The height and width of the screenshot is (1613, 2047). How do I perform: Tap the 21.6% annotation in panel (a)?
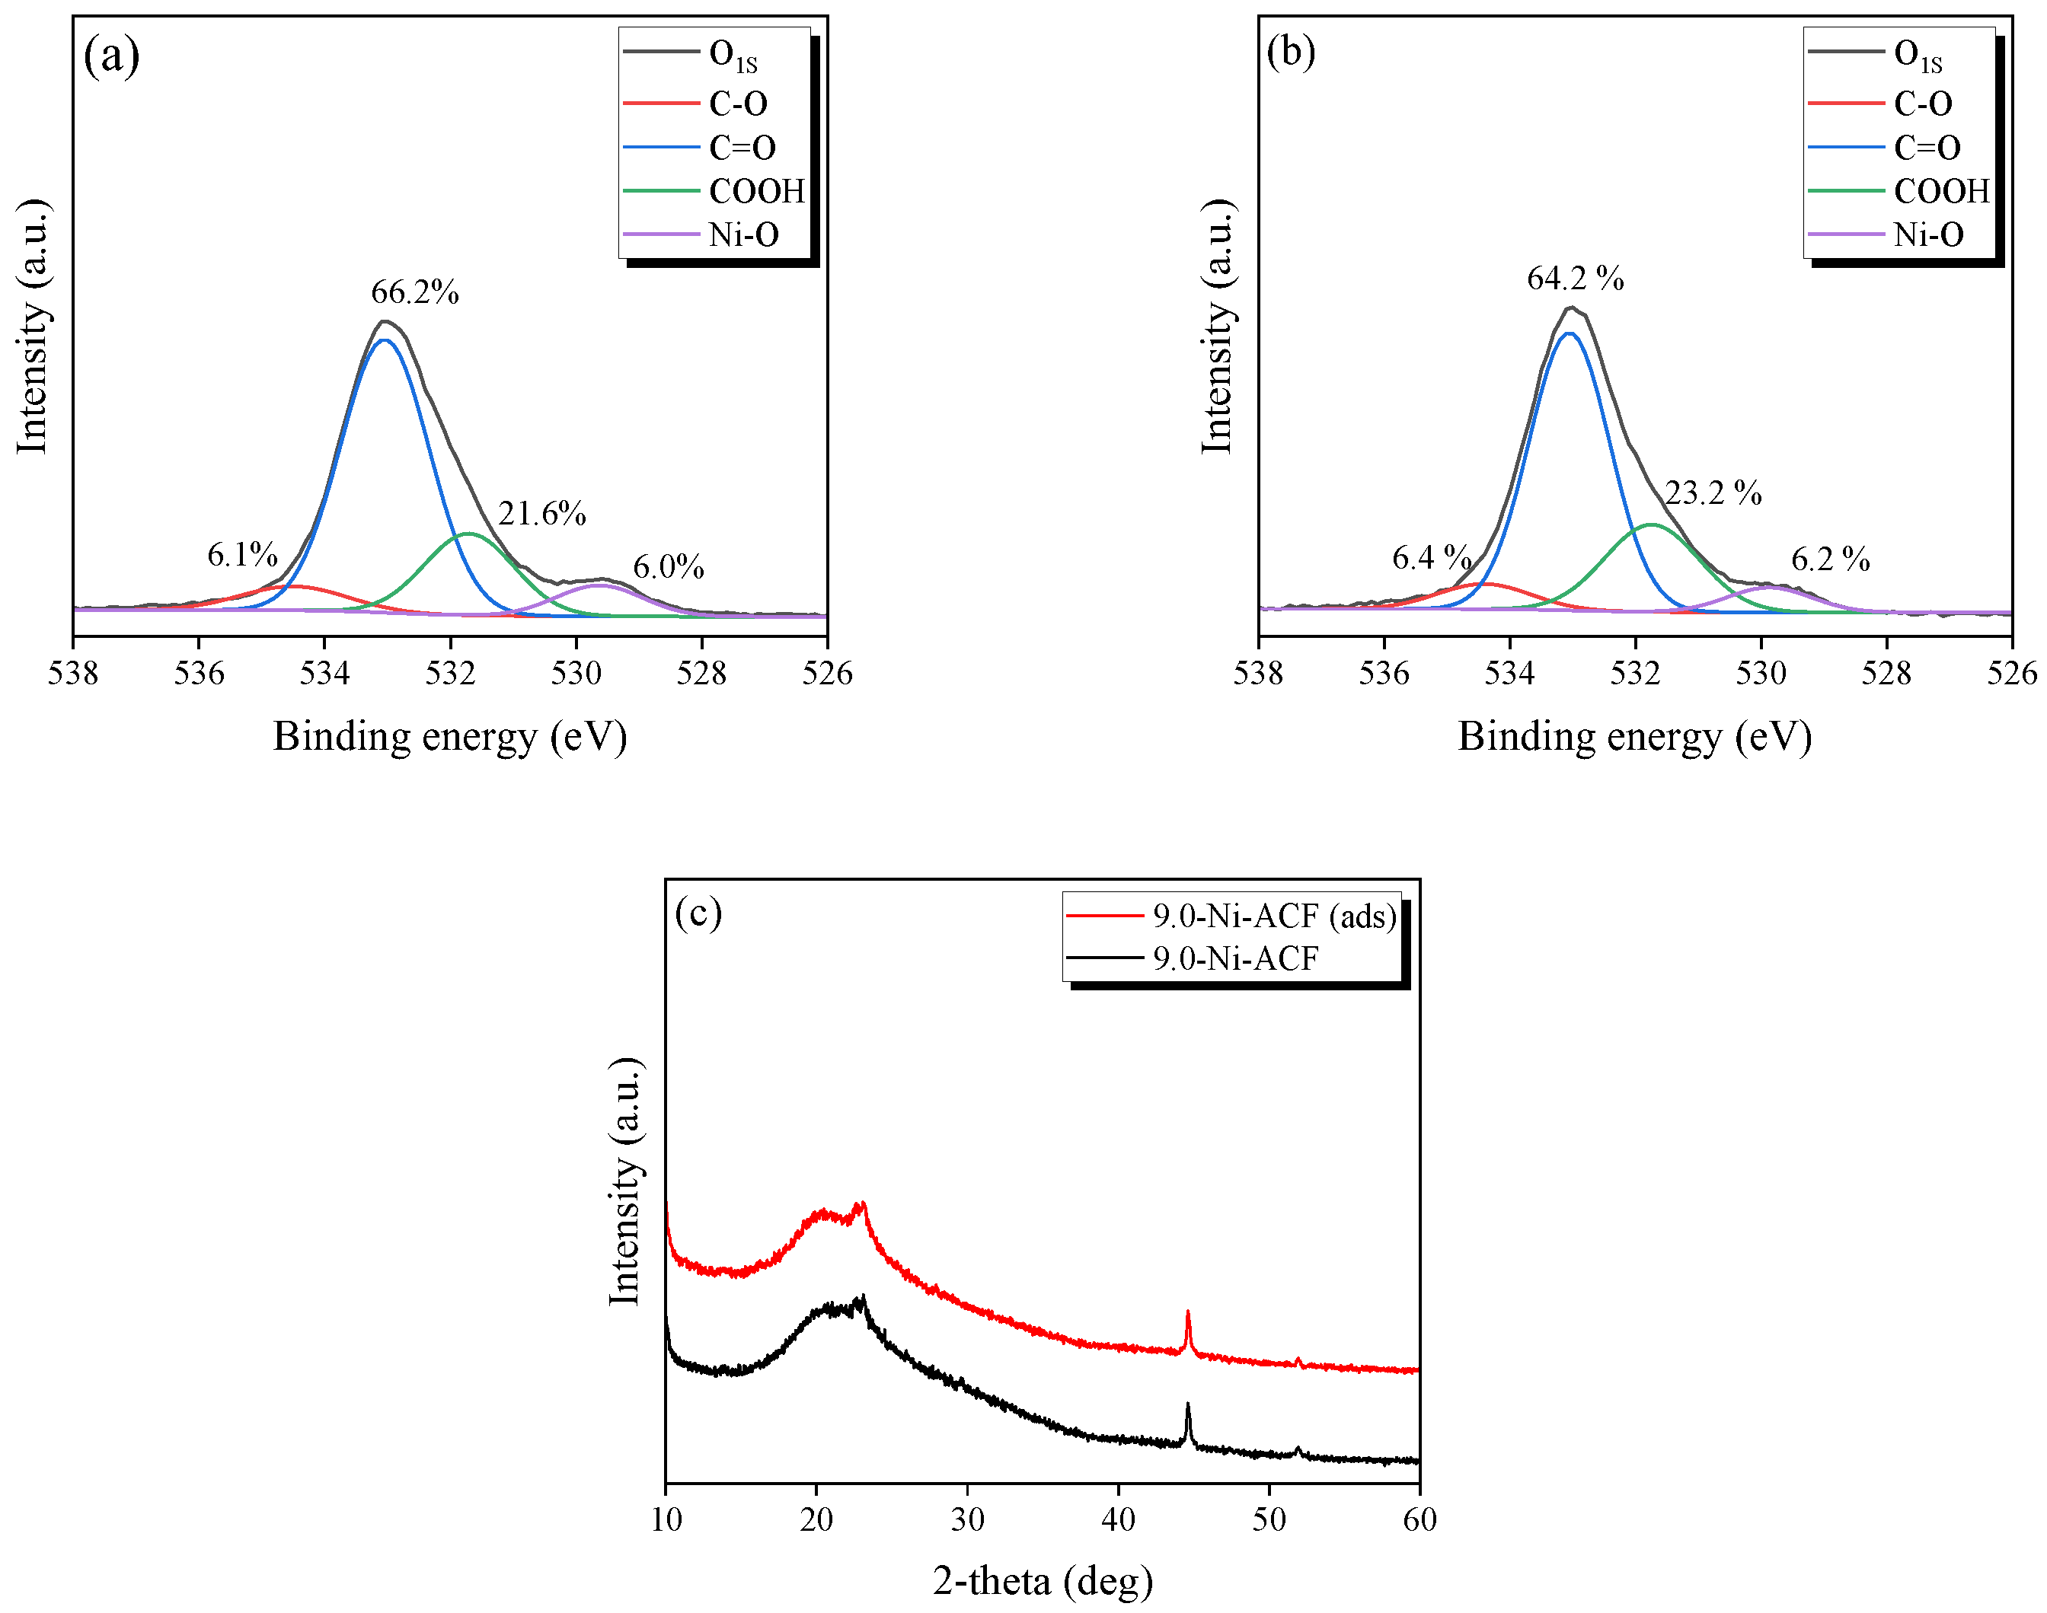pos(541,514)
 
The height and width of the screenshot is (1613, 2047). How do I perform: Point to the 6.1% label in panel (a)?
pos(242,555)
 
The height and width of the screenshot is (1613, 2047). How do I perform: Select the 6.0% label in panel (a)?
pos(668,568)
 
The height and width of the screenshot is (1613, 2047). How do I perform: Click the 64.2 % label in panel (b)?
pos(1575,279)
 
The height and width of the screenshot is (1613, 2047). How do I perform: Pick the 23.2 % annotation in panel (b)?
pos(1713,493)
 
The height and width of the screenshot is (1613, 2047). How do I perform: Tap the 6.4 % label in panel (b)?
pos(1431,558)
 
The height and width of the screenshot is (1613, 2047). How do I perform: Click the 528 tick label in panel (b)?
pos(1886,674)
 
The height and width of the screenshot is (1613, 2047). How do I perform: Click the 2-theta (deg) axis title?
pos(1042,1581)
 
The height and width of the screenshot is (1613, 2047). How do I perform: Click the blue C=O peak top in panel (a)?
pos(385,340)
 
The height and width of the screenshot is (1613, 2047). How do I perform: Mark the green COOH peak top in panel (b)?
pos(1650,524)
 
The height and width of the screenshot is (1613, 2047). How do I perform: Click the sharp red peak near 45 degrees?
pos(1187,1312)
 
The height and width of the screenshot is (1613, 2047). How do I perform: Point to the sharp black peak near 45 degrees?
pos(1187,1404)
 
